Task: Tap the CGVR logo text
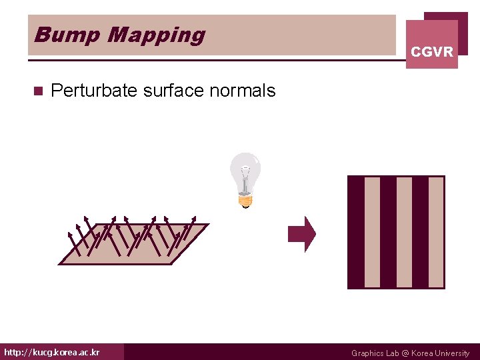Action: pyautogui.click(x=432, y=51)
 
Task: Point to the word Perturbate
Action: pyautogui.click(x=94, y=91)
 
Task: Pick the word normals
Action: pyautogui.click(x=242, y=91)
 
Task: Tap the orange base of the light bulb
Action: pyautogui.click(x=245, y=198)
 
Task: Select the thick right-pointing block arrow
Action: pyautogui.click(x=302, y=234)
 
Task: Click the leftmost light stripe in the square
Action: pyautogui.click(x=373, y=232)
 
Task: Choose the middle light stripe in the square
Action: pyautogui.click(x=405, y=232)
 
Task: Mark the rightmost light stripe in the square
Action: pyautogui.click(x=436, y=232)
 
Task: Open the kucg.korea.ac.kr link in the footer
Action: pyautogui.click(x=52, y=352)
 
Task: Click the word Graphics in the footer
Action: pyautogui.click(x=368, y=353)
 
